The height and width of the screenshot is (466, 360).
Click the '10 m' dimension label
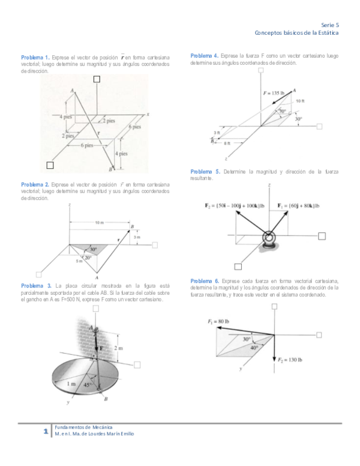click(x=99, y=223)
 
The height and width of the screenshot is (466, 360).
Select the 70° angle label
click(x=282, y=111)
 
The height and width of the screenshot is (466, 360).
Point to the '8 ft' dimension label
click(x=227, y=144)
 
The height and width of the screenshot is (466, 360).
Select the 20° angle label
click(x=88, y=257)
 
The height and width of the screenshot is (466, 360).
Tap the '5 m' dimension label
click(x=79, y=261)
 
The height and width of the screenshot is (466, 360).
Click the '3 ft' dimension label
click(x=217, y=132)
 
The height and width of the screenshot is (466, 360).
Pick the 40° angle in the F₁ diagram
click(x=254, y=347)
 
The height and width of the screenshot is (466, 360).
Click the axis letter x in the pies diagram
click(x=148, y=113)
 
